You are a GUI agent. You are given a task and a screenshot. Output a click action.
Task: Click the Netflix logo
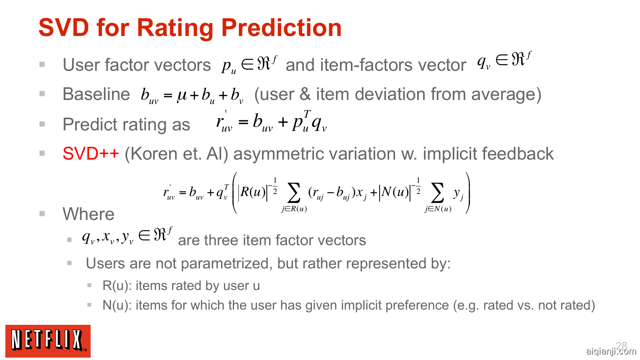click(x=48, y=341)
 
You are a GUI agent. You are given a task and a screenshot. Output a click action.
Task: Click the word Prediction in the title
click(x=282, y=28)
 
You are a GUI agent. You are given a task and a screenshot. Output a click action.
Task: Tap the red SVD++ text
click(x=90, y=154)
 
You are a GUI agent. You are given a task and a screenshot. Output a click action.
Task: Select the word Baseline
click(x=96, y=94)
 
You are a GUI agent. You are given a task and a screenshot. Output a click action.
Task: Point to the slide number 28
click(x=622, y=346)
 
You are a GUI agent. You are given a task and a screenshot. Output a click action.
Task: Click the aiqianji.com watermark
click(x=611, y=351)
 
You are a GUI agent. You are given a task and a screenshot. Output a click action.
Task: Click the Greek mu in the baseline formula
click(x=182, y=95)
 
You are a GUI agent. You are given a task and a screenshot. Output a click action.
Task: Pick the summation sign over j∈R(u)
click(x=294, y=193)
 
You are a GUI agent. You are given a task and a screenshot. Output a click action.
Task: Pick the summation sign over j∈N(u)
click(x=438, y=193)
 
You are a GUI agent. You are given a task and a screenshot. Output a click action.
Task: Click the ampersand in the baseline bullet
click(x=305, y=94)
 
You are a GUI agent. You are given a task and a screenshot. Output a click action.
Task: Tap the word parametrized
click(x=226, y=263)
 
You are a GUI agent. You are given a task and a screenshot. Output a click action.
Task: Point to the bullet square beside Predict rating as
click(x=42, y=124)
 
